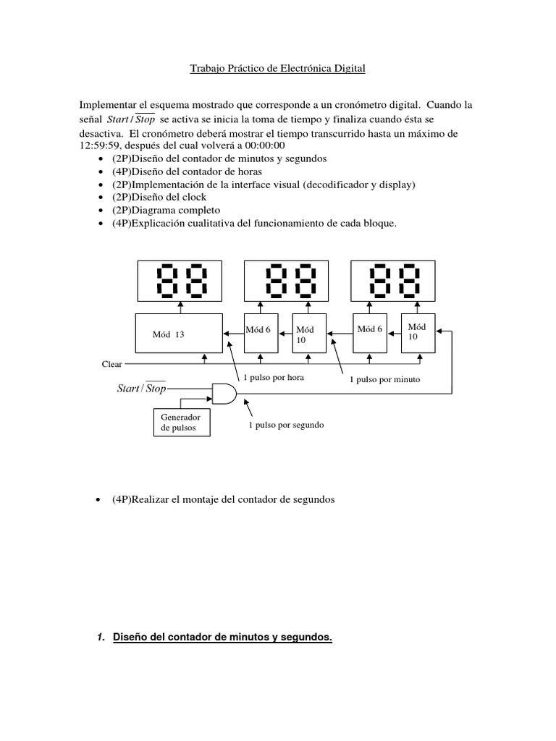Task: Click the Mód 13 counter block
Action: [179, 334]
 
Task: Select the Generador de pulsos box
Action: [181, 423]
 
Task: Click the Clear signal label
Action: [111, 364]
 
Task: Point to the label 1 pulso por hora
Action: [274, 378]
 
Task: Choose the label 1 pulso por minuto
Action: [384, 378]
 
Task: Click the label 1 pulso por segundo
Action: [286, 425]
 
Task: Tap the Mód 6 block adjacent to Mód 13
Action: [261, 334]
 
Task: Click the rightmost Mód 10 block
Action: [421, 334]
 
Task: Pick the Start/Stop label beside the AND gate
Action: [142, 389]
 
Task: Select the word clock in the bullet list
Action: [193, 197]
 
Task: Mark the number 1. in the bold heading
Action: [101, 637]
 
